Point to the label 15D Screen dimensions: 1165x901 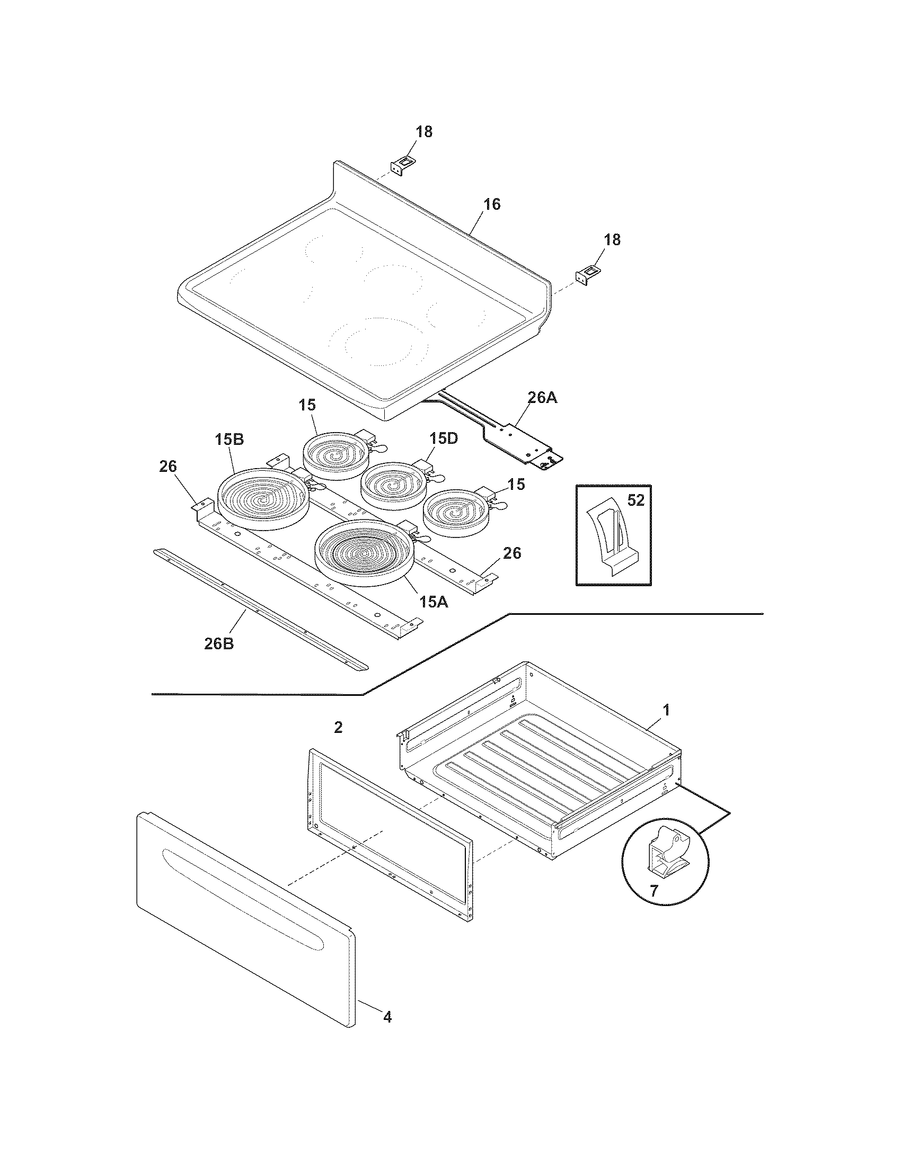[444, 438]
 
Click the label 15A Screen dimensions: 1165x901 [434, 602]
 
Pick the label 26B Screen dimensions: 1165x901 [219, 643]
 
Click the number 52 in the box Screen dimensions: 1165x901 [636, 500]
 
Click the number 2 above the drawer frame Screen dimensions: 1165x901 [338, 727]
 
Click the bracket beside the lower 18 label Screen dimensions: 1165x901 [586, 276]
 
